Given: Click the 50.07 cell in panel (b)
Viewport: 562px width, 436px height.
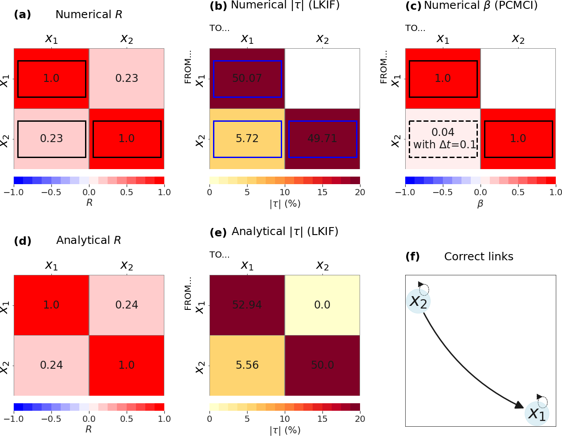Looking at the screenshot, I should pos(247,78).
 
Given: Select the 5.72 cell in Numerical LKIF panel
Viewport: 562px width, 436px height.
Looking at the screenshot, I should pos(247,139).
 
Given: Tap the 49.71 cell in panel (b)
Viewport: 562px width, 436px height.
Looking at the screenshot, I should pos(322,139).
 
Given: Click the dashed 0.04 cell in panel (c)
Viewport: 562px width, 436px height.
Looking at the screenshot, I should pos(443,139).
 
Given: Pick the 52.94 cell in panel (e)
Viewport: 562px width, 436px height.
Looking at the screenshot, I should pos(247,305).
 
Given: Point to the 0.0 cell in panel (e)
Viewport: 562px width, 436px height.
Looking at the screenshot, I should pos(322,305).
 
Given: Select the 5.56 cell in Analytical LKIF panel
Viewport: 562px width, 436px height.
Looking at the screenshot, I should pos(247,365).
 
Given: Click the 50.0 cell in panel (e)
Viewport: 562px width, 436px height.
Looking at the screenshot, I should pos(322,365).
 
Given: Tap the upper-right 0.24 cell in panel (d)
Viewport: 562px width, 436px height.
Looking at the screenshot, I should pos(127,305).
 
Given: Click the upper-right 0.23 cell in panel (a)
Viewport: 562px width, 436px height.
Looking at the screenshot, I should pos(127,78).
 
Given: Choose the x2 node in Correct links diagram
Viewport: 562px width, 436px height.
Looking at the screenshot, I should pos(418,301).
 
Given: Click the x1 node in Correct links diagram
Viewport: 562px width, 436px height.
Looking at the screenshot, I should pos(537,414).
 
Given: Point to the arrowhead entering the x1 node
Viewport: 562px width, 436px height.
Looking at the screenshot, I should pos(519,405).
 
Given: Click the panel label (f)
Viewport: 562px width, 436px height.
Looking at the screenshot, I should pos(413,257).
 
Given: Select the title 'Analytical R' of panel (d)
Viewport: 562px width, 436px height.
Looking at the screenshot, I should pos(89,240).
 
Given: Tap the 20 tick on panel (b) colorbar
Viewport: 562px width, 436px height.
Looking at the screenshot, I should pos(360,192).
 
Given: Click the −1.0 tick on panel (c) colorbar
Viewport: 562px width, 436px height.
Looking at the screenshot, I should pos(405,192).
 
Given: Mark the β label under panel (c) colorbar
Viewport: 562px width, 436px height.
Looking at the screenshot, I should pos(480,204).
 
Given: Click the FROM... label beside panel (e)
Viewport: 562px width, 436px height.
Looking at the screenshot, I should pos(188,293).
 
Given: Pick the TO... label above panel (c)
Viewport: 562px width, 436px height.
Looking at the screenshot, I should pos(415,28).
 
